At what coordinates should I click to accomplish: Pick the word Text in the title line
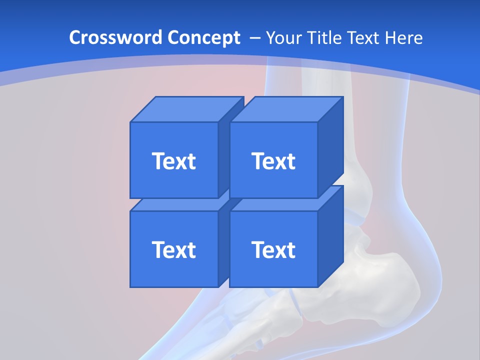tap(365, 37)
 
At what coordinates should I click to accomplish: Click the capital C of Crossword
tap(75, 37)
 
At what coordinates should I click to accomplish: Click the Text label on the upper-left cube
tap(173, 161)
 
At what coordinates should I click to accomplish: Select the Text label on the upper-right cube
tap(273, 161)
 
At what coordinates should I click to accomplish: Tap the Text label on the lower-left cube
tap(173, 249)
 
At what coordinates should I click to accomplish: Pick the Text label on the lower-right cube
tap(273, 249)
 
